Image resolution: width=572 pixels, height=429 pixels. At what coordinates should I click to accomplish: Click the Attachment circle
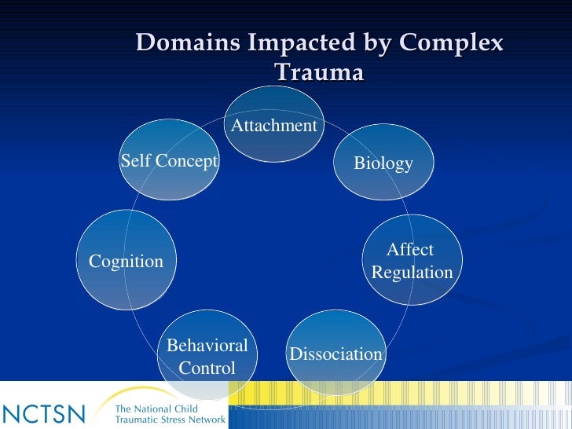coord(273,124)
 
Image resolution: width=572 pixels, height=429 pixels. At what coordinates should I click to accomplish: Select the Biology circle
coord(383,163)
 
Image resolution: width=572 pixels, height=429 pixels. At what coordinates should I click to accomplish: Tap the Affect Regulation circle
coord(412,260)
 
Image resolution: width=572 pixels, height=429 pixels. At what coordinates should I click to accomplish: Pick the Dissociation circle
coord(335,354)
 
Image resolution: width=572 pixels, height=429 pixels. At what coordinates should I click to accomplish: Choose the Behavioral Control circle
coord(207,356)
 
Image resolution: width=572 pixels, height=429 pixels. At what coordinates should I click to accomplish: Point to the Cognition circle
coord(126,261)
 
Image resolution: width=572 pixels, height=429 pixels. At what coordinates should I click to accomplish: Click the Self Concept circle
coord(168,160)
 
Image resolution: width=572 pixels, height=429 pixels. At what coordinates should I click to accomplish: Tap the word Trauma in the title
coord(319,72)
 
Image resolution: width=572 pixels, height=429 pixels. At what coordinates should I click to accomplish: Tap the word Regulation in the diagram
coord(412,273)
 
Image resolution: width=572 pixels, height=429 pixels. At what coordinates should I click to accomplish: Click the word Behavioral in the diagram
coord(207,346)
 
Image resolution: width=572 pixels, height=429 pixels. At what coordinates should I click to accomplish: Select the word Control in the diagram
coord(207,368)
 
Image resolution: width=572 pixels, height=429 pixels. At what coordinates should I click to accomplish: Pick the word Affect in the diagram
coord(410,250)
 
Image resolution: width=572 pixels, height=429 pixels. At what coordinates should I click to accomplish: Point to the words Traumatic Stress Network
coord(170,420)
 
